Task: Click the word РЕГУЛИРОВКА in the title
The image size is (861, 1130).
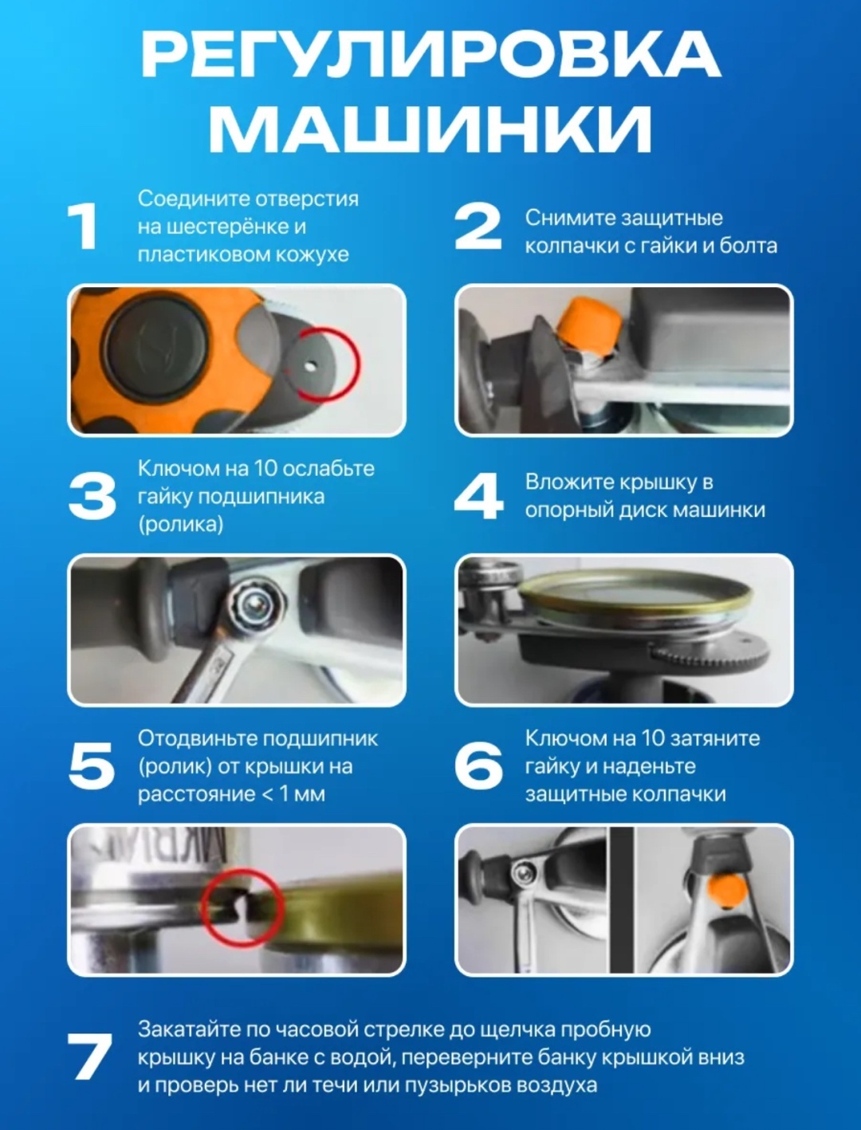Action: (x=431, y=54)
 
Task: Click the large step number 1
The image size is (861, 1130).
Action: (x=84, y=226)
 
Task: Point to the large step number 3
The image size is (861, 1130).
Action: (x=92, y=496)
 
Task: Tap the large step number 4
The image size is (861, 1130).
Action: (x=478, y=496)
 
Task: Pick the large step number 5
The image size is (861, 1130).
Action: (x=92, y=766)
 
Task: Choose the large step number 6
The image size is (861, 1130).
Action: (x=478, y=766)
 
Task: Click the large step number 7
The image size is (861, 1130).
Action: (x=89, y=1057)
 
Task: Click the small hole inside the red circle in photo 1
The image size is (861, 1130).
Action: (x=310, y=365)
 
